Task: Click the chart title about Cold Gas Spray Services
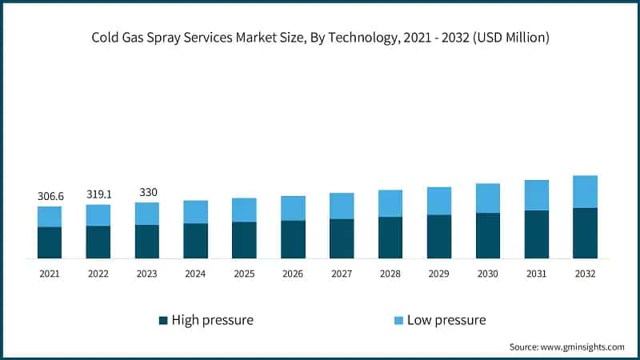tap(320, 38)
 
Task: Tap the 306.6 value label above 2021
tap(50, 196)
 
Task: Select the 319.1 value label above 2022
tap(98, 194)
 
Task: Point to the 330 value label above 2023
tap(146, 192)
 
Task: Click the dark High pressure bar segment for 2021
tap(50, 242)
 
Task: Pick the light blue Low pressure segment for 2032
tap(585, 192)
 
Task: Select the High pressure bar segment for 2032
tap(585, 233)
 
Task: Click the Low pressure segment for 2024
tap(195, 212)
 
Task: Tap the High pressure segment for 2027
tap(342, 238)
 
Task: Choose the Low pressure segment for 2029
tap(439, 201)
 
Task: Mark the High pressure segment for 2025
tap(244, 240)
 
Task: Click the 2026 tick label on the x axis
tap(293, 274)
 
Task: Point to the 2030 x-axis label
tap(488, 274)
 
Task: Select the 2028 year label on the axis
tap(390, 274)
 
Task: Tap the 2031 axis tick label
tap(537, 274)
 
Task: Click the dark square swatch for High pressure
tap(164, 320)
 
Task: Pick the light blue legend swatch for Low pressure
tap(398, 320)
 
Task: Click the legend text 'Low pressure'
tap(446, 320)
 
